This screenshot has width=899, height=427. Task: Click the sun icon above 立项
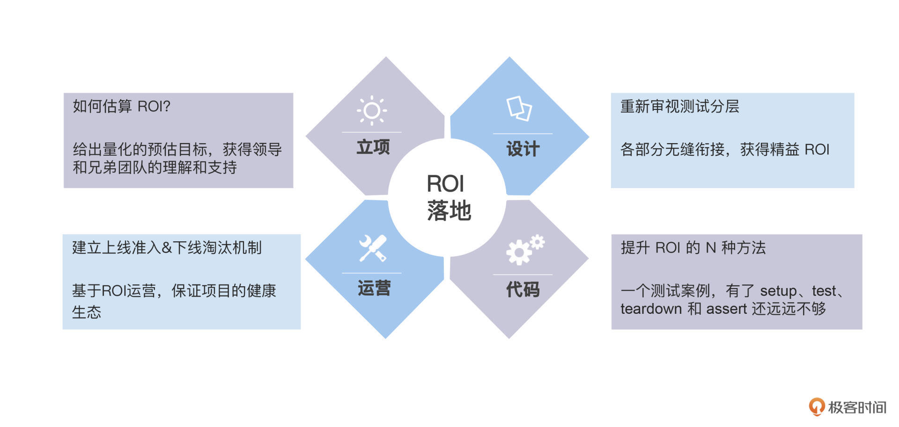(372, 110)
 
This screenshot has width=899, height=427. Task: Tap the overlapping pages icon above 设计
(519, 109)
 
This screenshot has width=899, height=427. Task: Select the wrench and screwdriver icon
(373, 248)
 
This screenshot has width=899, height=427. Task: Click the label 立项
(373, 147)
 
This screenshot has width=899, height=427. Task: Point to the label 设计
(523, 149)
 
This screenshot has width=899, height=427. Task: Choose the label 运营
(374, 288)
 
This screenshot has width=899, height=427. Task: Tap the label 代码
(523, 289)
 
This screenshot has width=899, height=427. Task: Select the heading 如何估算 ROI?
(121, 107)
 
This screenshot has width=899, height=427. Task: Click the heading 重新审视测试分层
(679, 107)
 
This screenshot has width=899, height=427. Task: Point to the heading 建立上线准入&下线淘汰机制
(167, 247)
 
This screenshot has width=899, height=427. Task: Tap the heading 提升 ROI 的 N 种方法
(693, 247)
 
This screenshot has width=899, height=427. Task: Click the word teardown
(651, 309)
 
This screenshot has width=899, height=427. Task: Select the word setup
(778, 291)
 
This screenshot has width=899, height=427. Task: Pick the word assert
(726, 309)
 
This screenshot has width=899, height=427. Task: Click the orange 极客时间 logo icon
(817, 406)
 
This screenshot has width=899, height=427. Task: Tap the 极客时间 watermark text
(857, 407)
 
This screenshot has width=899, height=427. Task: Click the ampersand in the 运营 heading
(167, 248)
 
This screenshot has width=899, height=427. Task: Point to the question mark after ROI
(167, 107)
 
